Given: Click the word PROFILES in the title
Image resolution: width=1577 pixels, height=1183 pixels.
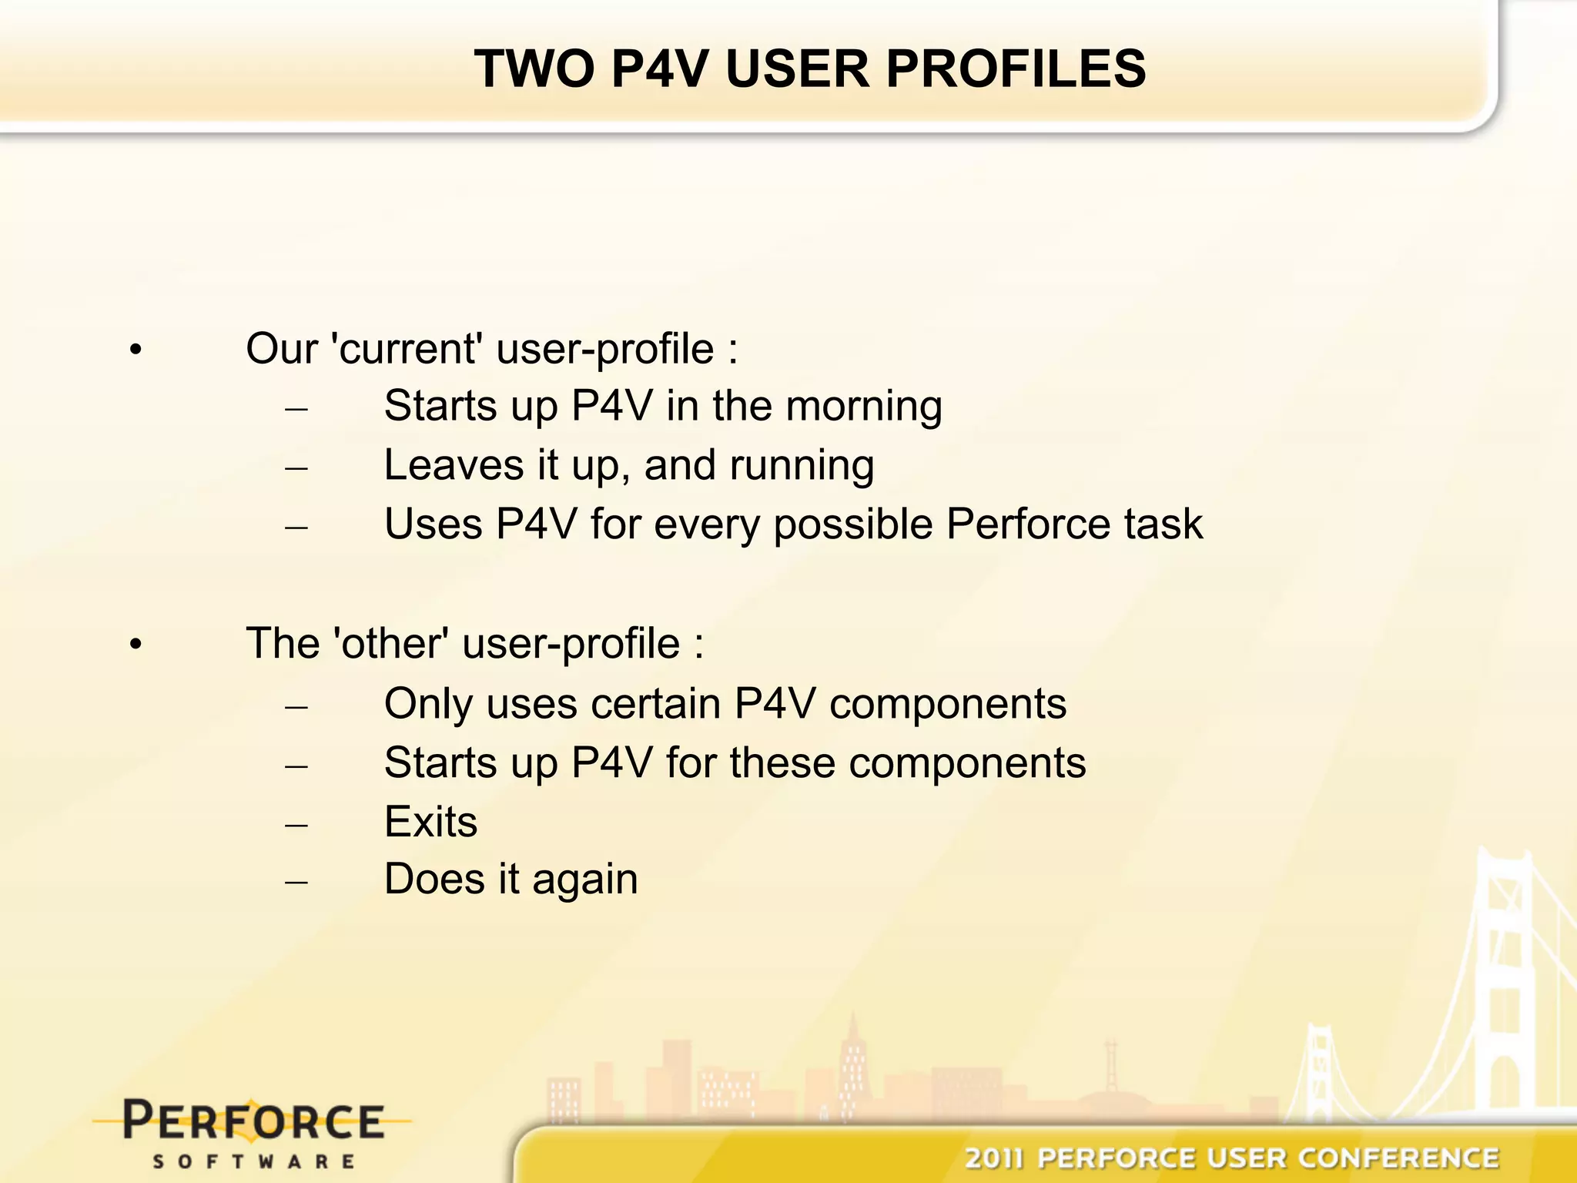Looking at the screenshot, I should (1016, 69).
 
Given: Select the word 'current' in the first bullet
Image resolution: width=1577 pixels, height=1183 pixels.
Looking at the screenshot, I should (406, 349).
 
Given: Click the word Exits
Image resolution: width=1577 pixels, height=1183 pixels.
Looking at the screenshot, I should (430, 821).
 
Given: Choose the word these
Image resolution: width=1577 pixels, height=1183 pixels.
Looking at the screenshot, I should (782, 762).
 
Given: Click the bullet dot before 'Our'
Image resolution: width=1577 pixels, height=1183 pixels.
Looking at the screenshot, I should (136, 351).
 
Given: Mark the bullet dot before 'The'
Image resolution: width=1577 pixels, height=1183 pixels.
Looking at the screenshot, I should (136, 645).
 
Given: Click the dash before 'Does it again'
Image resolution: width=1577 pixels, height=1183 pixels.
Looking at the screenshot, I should (296, 882).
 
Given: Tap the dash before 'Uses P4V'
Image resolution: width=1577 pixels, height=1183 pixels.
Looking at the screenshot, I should (296, 528).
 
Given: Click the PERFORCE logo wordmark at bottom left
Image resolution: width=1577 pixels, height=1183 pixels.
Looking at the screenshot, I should (253, 1121).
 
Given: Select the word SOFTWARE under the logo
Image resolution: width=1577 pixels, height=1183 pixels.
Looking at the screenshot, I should (253, 1161).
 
